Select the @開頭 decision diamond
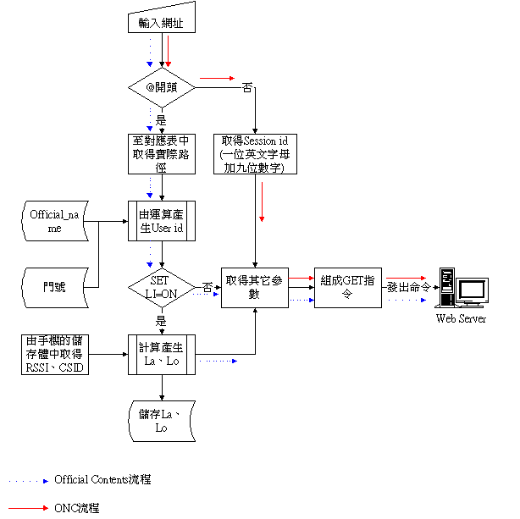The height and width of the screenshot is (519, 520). pyautogui.click(x=161, y=86)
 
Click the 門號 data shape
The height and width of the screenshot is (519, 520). pyautogui.click(x=54, y=289)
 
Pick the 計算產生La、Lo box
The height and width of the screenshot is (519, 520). pyautogui.click(x=161, y=355)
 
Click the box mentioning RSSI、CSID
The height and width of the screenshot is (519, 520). pyautogui.click(x=54, y=355)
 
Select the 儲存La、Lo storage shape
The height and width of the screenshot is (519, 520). pyautogui.click(x=161, y=422)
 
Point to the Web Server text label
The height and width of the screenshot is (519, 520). pyautogui.click(x=461, y=318)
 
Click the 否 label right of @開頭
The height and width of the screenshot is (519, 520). pyautogui.click(x=247, y=86)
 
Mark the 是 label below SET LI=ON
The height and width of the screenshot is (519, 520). pyautogui.click(x=161, y=322)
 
